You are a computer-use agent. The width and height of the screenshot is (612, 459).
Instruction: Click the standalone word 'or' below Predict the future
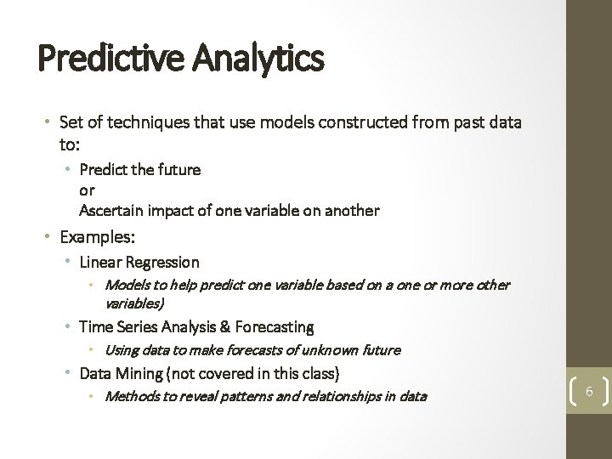pos(86,190)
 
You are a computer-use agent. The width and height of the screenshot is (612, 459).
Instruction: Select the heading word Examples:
pos(97,235)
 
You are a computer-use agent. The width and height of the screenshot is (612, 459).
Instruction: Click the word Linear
pos(99,263)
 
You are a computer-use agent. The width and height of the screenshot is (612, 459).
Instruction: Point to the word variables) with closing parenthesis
pos(134,302)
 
